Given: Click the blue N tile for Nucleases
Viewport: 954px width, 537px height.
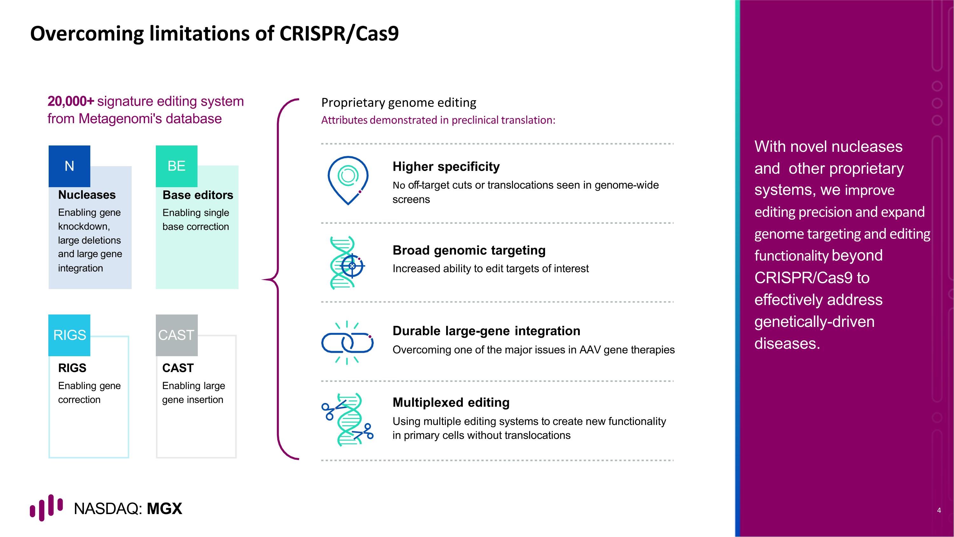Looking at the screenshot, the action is pyautogui.click(x=69, y=166).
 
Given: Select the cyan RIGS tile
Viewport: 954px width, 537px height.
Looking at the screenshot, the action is pyautogui.click(x=69, y=335).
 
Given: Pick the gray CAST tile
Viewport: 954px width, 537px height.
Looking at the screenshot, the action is pyautogui.click(x=177, y=335).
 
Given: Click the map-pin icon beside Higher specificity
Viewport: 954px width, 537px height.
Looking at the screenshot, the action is pyautogui.click(x=348, y=180).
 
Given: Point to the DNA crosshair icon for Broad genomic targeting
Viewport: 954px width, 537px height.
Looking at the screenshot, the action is pyautogui.click(x=347, y=263).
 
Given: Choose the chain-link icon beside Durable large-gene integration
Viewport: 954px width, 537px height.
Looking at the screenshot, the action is pyautogui.click(x=347, y=343).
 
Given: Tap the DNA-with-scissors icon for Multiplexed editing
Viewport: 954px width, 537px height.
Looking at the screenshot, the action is pyautogui.click(x=347, y=420).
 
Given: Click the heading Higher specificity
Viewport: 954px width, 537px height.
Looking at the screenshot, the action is pyautogui.click(x=446, y=167).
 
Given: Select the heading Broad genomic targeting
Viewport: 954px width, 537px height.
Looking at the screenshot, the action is pyautogui.click(x=469, y=251).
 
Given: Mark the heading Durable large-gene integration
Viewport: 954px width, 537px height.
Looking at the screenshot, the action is pyautogui.click(x=486, y=331).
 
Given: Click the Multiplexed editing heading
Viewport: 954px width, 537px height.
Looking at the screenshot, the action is pyautogui.click(x=451, y=402).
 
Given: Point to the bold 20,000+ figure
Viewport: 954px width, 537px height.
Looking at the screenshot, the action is pyautogui.click(x=71, y=101).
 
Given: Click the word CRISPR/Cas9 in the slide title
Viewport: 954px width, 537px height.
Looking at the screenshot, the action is pyautogui.click(x=339, y=33).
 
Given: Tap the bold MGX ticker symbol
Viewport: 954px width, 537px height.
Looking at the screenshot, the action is pyautogui.click(x=164, y=509).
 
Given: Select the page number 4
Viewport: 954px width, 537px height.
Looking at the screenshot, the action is pyautogui.click(x=939, y=510).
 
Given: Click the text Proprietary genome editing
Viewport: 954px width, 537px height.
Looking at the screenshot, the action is pyautogui.click(x=398, y=102).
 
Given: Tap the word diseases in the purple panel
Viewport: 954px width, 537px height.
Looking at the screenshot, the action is pyautogui.click(x=787, y=343).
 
